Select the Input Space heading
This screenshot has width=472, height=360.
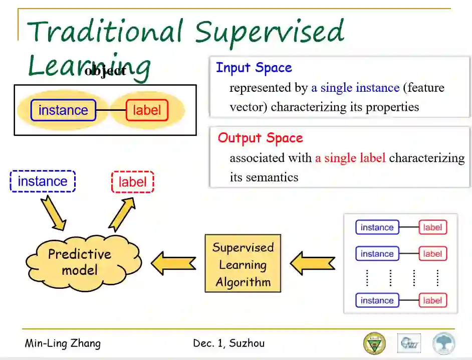point(254,68)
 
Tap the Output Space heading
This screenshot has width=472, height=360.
point(260,138)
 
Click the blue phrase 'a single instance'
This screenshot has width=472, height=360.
point(355,88)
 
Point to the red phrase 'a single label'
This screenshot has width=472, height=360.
point(350,158)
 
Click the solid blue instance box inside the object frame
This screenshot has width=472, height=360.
point(63,110)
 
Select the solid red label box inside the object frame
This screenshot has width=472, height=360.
point(146,110)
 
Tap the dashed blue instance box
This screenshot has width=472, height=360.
point(43,182)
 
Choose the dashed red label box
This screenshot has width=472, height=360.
point(132,182)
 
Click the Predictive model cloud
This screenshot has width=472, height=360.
point(80,262)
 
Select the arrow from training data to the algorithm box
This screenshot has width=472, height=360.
point(312,263)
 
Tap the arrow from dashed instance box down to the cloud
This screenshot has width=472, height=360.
point(54,212)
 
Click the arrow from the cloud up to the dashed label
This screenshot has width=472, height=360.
point(122,213)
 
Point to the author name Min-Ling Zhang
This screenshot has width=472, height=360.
point(63,343)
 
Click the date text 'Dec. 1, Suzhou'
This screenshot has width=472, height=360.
point(228,343)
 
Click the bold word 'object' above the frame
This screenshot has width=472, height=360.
point(105,71)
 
